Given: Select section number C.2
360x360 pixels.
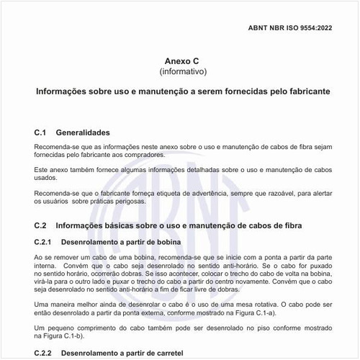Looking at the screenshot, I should click(x=40, y=225).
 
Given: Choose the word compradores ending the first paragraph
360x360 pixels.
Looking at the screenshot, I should click(x=143, y=155).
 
